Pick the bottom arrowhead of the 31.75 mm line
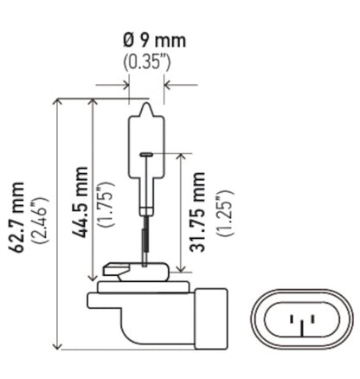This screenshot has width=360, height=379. tap(183, 271)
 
